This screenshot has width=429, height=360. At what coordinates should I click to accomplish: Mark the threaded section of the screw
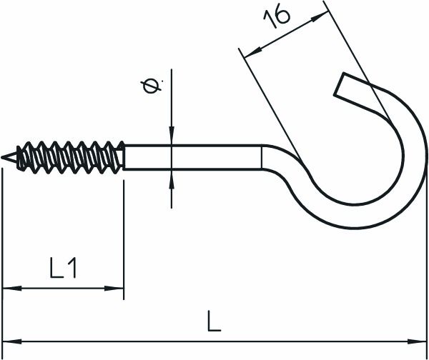71,156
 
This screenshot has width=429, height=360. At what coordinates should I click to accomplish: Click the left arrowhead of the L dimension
9,339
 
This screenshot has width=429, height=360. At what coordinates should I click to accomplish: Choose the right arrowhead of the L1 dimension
117,289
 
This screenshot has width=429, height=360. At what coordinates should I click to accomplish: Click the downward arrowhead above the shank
172,138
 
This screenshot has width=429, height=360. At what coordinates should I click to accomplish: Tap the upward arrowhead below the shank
172,177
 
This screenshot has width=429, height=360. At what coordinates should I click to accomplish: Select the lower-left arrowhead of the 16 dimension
247,55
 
